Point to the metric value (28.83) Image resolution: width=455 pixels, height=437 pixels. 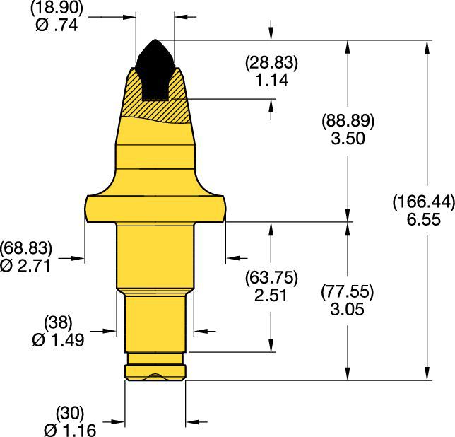coord(272,64)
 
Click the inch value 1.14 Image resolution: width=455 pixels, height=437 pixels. coord(272,80)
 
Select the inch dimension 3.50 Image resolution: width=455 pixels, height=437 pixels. coord(347,138)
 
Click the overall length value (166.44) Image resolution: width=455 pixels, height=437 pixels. coord(423,204)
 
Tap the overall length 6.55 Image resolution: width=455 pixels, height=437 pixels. coord(423,220)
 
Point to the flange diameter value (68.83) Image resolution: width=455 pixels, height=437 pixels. coord(27,248)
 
